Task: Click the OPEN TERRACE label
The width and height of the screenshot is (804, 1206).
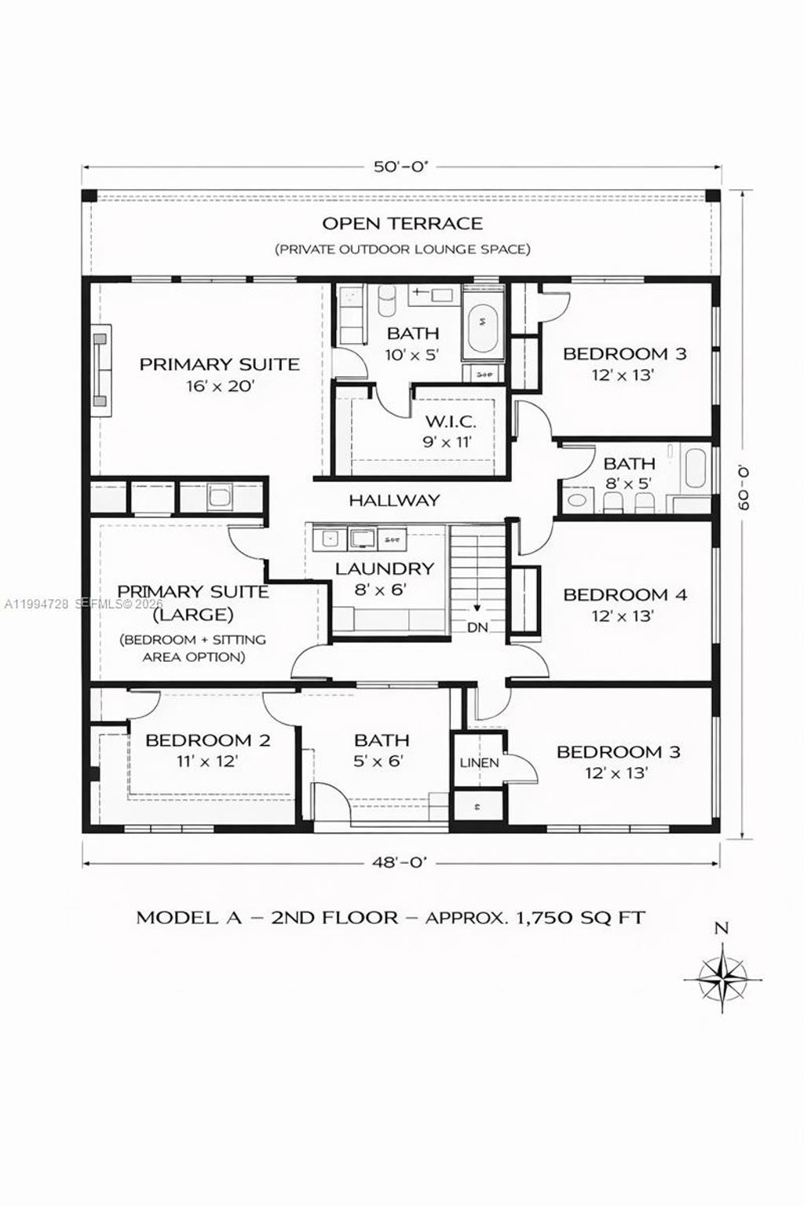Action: [402, 224]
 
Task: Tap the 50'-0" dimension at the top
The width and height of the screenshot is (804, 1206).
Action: [400, 166]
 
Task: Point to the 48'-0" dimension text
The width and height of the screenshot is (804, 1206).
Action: [400, 862]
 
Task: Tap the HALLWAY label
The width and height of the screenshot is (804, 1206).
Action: [394, 500]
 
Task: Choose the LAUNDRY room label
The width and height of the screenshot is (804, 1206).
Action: [384, 568]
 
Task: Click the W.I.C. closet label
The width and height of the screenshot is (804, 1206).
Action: [450, 422]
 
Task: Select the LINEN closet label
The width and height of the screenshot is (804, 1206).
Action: [479, 762]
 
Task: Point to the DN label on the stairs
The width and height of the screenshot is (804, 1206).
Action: [477, 628]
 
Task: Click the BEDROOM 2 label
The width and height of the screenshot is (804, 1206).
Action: [208, 740]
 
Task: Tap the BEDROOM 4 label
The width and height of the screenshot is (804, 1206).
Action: [624, 594]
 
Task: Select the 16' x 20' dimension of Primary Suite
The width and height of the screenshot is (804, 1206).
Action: [220, 386]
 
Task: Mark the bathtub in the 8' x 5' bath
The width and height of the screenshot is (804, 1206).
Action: [696, 470]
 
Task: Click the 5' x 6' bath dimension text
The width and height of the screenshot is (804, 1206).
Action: [382, 761]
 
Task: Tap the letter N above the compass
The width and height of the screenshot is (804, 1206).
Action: [721, 928]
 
